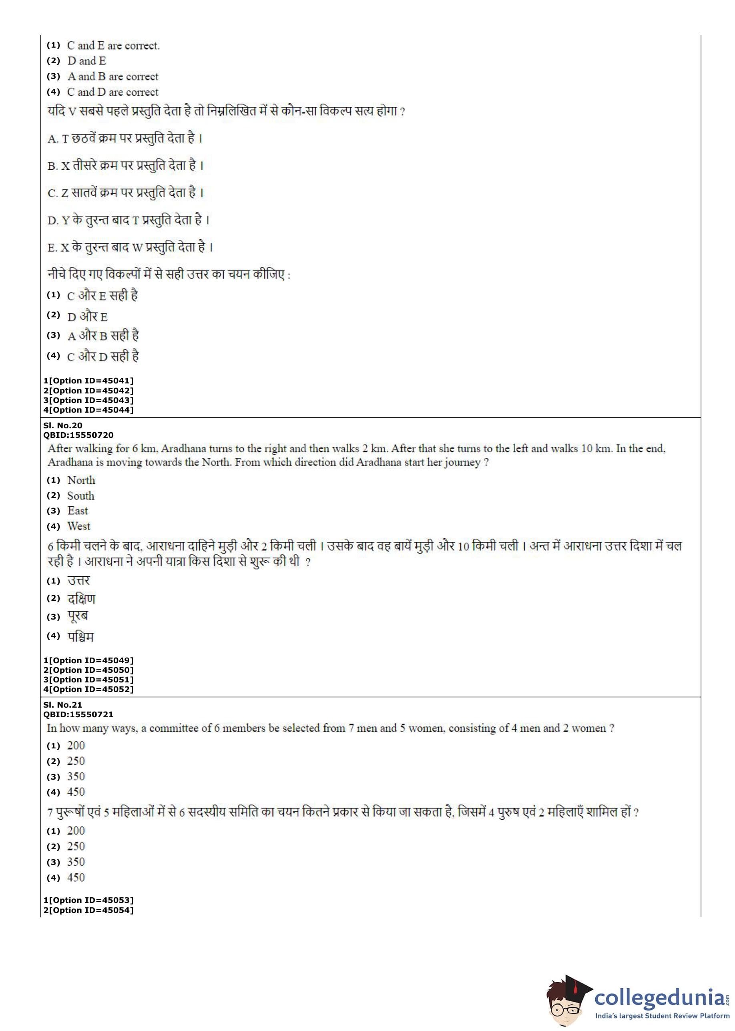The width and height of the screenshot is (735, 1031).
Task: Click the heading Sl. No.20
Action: pos(63,425)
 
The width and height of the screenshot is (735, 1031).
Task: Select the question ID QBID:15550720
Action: pos(78,435)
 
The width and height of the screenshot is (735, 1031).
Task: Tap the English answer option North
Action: pos(81,480)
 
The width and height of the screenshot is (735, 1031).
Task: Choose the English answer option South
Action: pos(80,496)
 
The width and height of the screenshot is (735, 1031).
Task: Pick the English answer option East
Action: pos(77,511)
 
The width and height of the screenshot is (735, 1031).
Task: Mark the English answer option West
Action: pos(79,526)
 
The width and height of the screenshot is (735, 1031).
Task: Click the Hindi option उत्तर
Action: pos(78,581)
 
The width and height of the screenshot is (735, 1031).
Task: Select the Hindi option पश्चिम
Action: pos(80,636)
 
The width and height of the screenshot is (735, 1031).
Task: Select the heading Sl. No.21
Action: pos(63,705)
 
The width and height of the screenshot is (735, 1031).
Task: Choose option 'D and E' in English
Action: pos(86,61)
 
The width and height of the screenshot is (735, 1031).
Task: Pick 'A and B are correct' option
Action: pos(113,76)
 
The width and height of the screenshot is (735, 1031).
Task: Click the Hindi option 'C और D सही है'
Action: pos(103,357)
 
